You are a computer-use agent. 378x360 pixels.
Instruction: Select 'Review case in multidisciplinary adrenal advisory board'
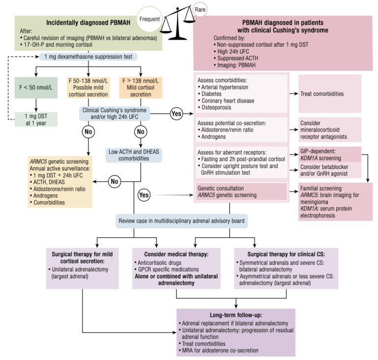pos(182,221)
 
